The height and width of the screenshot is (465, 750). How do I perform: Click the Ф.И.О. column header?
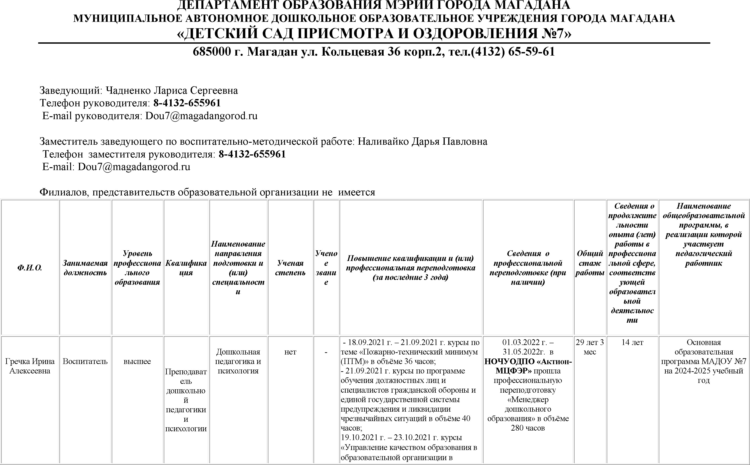tap(30, 268)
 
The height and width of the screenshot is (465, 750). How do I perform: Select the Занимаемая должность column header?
tap(85, 268)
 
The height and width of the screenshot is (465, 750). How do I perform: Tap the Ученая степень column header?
tap(290, 268)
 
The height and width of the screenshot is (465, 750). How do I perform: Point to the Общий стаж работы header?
tap(590, 263)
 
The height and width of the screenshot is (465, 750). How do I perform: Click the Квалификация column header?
tap(186, 268)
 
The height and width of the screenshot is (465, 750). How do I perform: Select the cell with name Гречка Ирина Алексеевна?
tap(30, 366)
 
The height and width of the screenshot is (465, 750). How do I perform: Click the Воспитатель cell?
tap(85, 361)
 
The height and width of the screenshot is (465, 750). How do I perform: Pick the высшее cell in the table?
tap(137, 361)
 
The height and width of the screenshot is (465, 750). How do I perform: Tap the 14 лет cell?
tap(632, 342)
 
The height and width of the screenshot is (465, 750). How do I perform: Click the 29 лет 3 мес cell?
tap(590, 347)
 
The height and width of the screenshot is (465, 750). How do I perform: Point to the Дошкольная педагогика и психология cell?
tap(238, 361)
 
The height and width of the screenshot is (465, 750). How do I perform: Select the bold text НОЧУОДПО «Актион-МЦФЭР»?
tap(528, 366)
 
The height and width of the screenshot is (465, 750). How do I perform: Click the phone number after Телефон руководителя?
tap(187, 103)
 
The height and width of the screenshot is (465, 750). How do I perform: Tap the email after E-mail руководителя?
tap(201, 116)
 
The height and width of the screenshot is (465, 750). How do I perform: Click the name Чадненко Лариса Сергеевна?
tap(172, 90)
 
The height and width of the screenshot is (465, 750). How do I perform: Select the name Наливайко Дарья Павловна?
tap(422, 141)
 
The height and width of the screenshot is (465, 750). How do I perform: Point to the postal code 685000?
tap(212, 52)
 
